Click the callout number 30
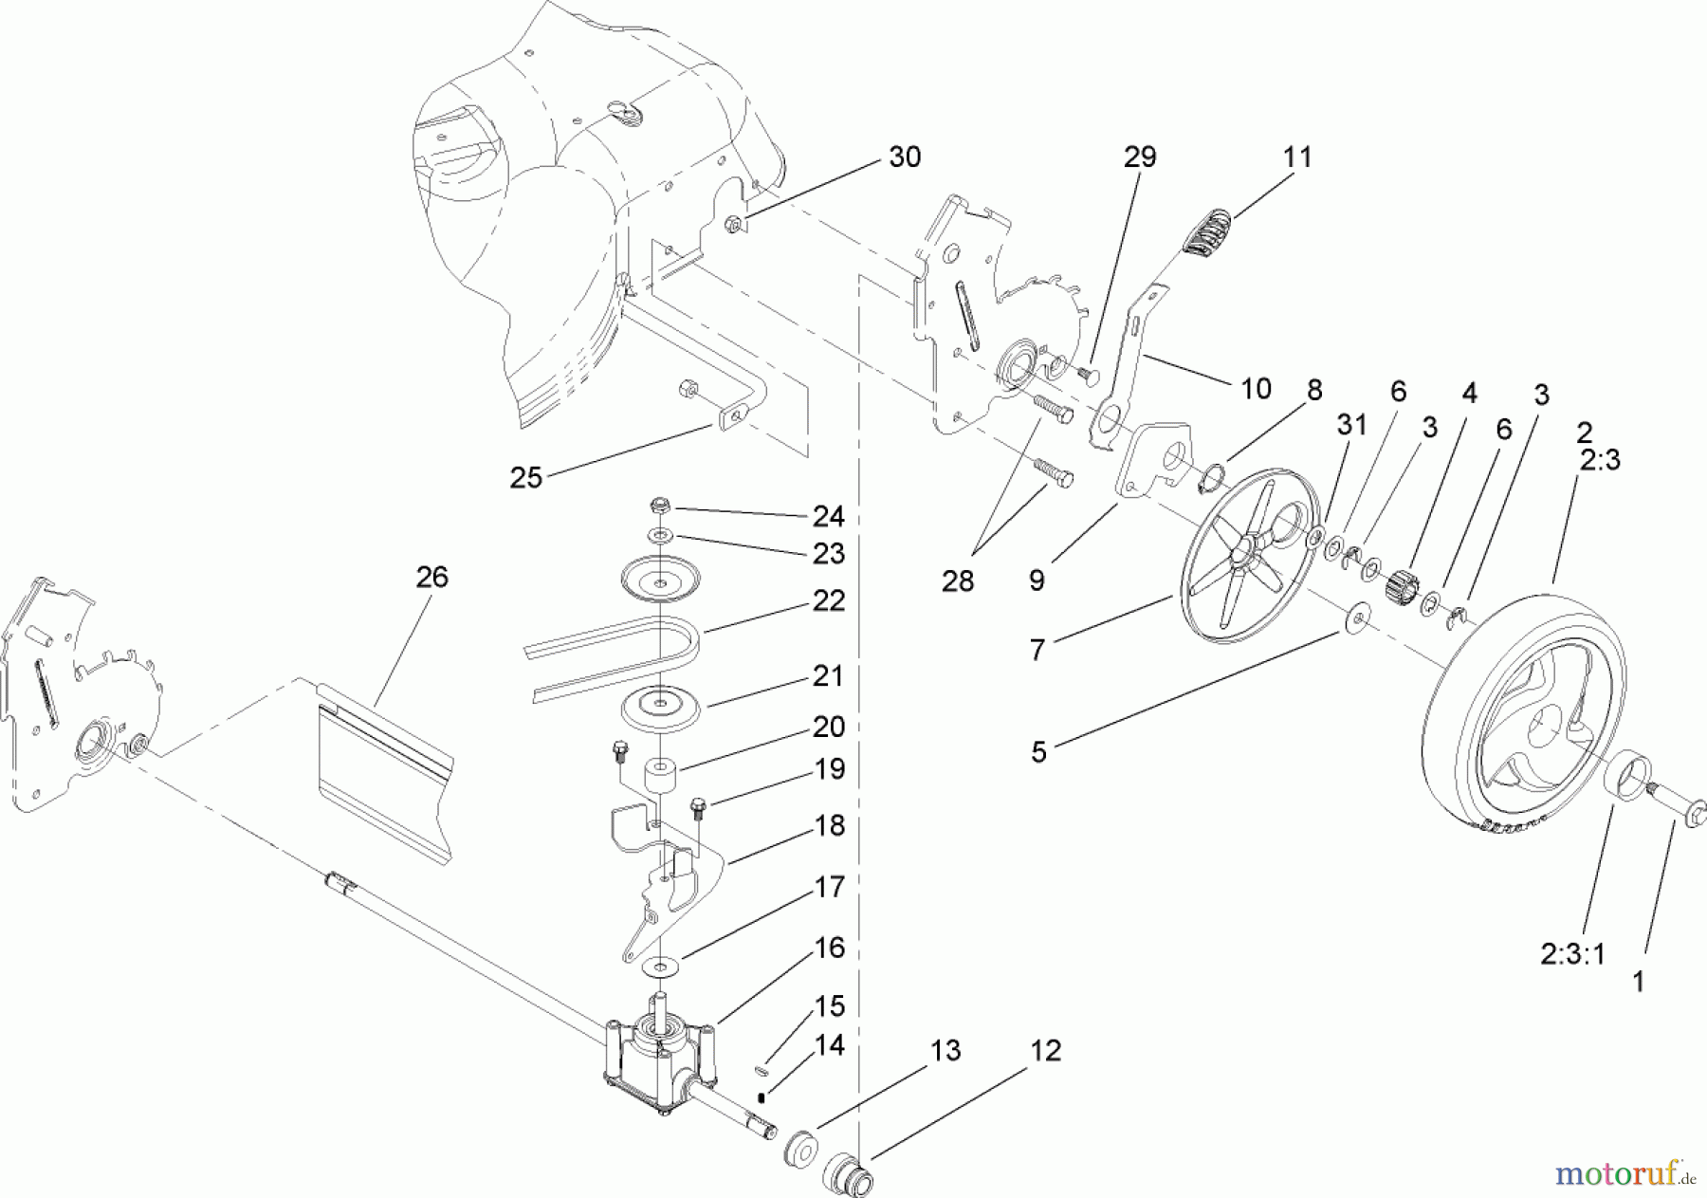click(x=905, y=157)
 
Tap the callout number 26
click(x=432, y=577)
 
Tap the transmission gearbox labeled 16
click(x=660, y=1053)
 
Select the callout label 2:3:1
click(x=1573, y=953)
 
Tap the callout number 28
click(x=957, y=581)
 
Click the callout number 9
click(x=1037, y=580)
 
